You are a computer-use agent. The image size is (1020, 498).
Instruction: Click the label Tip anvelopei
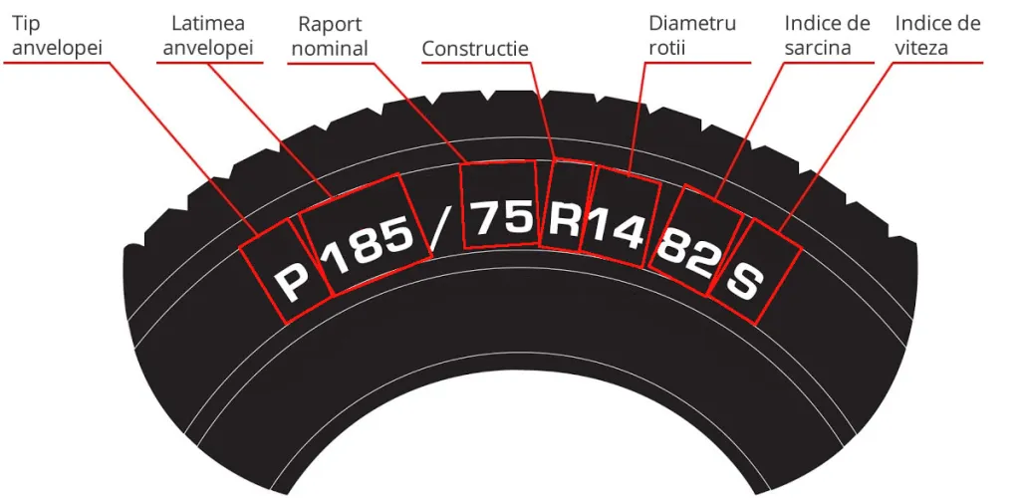pyautogui.click(x=50, y=35)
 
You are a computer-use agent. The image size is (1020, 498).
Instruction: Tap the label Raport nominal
pyautogui.click(x=333, y=35)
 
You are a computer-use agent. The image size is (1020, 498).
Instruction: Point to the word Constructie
pyautogui.click(x=475, y=49)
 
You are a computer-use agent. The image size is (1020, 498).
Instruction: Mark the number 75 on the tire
pyautogui.click(x=501, y=216)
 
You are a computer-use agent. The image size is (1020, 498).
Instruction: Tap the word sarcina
pyautogui.click(x=818, y=46)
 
